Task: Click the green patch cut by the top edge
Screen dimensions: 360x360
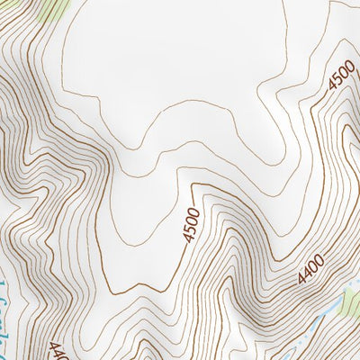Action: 51,8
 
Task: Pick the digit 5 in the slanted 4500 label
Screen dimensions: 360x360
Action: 337,84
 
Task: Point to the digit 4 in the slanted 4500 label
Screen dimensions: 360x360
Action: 330,90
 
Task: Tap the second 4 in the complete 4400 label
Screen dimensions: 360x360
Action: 307,274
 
